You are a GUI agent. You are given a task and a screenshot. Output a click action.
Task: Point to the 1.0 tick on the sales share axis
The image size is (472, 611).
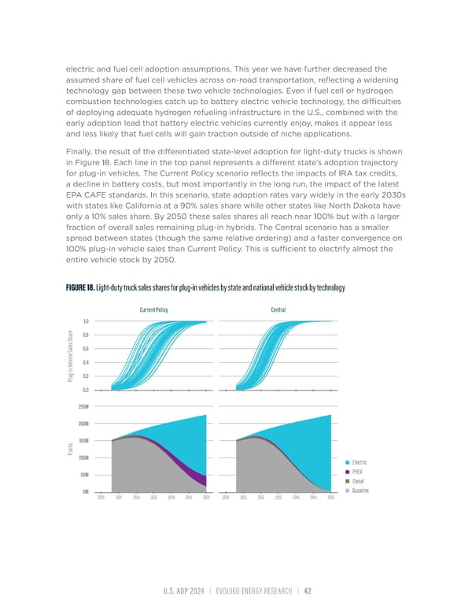[84, 321]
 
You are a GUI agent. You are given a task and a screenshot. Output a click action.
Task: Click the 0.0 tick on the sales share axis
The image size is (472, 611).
[84, 390]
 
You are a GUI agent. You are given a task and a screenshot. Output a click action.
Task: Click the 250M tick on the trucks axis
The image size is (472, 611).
[83, 406]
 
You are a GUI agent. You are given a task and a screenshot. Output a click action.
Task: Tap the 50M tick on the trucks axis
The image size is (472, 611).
[83, 475]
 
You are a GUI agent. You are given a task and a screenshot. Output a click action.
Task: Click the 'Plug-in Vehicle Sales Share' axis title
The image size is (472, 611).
[71, 356]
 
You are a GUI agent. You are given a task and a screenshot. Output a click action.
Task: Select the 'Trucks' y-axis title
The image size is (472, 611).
[71, 450]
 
